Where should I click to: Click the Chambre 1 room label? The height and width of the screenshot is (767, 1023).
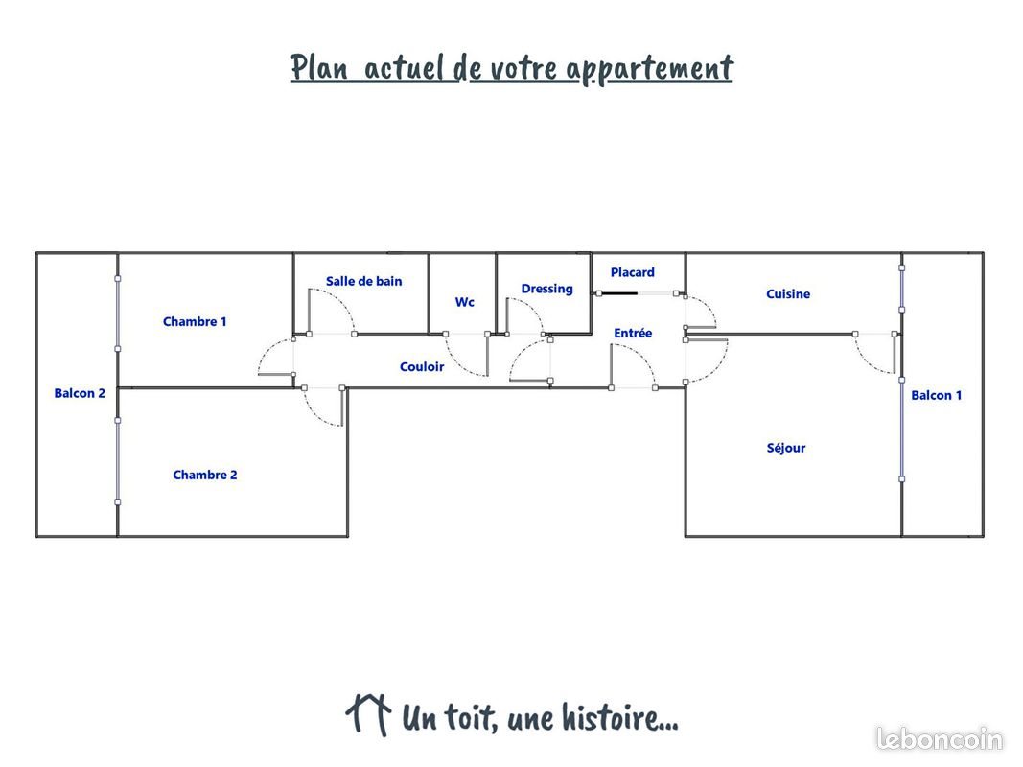[x=195, y=321]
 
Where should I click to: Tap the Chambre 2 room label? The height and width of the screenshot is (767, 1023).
[x=205, y=475]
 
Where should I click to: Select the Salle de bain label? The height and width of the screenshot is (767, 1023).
[x=364, y=281]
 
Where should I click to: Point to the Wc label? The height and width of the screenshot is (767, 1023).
[x=465, y=302]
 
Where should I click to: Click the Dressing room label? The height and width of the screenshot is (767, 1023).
[x=546, y=289]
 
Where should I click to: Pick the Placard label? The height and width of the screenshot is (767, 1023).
[x=632, y=272]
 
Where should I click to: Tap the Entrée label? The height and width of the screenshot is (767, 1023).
[x=633, y=333]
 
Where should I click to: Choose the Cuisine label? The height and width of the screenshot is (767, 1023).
[x=788, y=293]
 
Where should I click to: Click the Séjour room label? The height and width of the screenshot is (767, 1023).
[x=786, y=448]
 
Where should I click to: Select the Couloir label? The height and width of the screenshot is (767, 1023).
[x=422, y=366]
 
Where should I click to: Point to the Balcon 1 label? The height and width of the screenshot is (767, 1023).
[x=936, y=395]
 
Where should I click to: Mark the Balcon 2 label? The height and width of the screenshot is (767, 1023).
[x=80, y=393]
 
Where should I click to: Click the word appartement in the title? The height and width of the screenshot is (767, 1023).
[x=650, y=68]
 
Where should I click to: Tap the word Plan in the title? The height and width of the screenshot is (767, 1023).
[x=318, y=67]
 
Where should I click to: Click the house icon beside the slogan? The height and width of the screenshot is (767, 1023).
[x=368, y=714]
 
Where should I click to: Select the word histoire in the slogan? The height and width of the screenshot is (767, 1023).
[x=619, y=717]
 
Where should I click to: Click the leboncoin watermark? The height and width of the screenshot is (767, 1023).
[x=940, y=739]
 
